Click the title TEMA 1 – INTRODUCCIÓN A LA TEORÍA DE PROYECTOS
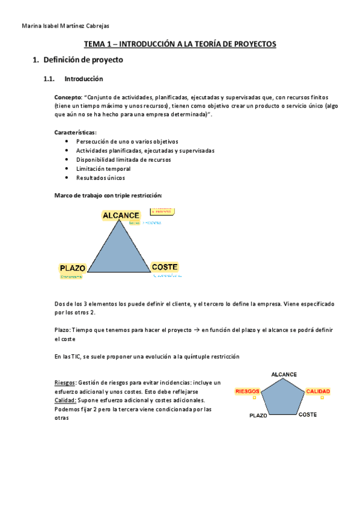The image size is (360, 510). (x=180, y=44)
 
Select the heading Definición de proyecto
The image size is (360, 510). (x=83, y=60)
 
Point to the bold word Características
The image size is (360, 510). (x=75, y=132)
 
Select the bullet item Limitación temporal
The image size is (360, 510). (x=103, y=168)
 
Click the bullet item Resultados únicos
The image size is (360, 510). (x=101, y=177)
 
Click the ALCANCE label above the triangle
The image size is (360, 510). (x=121, y=215)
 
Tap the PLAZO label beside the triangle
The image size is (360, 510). (x=73, y=268)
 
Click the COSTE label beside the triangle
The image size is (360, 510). (x=164, y=267)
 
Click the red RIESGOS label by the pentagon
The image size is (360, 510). (x=247, y=391)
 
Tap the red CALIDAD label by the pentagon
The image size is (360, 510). (x=318, y=391)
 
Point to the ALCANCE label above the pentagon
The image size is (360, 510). (x=284, y=375)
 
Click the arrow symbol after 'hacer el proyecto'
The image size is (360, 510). (x=196, y=330)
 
